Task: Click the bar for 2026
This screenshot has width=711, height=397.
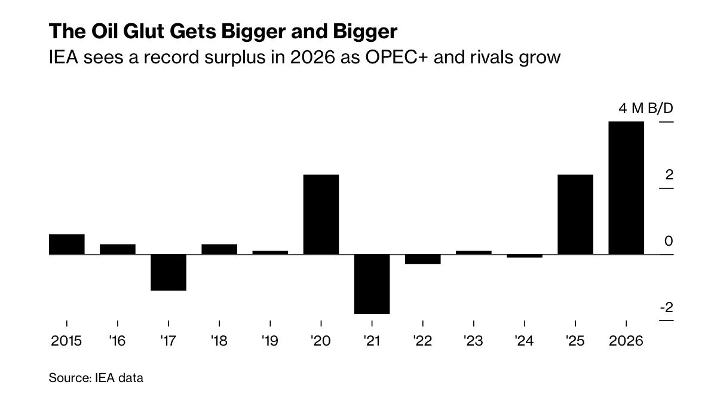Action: coord(626,188)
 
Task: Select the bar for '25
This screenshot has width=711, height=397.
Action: coord(575,215)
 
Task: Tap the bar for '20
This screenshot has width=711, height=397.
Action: coord(321,215)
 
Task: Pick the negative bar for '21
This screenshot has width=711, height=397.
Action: coord(372,284)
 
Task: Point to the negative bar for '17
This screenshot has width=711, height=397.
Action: coord(168,273)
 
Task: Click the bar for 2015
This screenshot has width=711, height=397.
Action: coord(66,245)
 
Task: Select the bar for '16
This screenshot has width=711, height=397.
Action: coord(118,249)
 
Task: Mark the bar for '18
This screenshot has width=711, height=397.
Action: coord(219,249)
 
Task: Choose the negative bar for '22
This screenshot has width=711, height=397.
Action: coord(422,259)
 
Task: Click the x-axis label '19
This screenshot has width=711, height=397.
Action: coord(270,341)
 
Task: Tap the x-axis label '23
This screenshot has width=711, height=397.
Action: coord(473,341)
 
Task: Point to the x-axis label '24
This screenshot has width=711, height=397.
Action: coord(524,341)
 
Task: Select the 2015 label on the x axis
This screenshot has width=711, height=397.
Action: coord(66,341)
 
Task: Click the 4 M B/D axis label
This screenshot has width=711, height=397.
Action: coord(636,109)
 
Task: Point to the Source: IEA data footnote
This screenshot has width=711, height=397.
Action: coord(96,378)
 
